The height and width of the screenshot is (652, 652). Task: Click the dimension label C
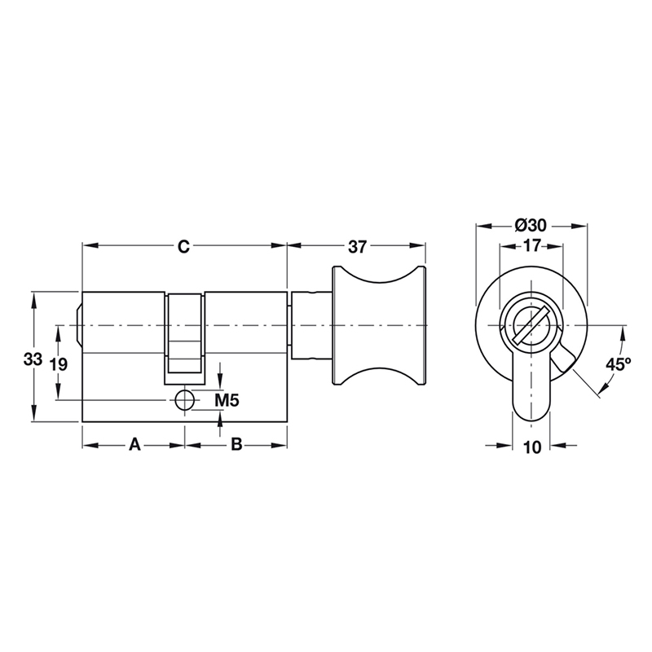tap(184, 246)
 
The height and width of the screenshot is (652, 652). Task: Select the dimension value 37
tap(356, 246)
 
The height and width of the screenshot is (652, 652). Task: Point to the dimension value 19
tap(58, 364)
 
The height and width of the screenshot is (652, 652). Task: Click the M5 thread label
tap(226, 400)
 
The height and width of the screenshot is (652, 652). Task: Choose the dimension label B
tap(235, 445)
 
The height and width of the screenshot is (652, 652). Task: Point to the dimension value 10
tap(531, 446)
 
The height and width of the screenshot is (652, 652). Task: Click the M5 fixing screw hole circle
tap(185, 400)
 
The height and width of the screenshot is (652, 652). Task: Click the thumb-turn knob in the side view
tap(378, 327)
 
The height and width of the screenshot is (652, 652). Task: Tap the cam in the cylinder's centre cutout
tap(185, 338)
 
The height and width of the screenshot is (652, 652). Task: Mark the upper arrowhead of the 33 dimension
tap(33, 297)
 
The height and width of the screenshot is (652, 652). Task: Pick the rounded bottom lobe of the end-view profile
tap(531, 407)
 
